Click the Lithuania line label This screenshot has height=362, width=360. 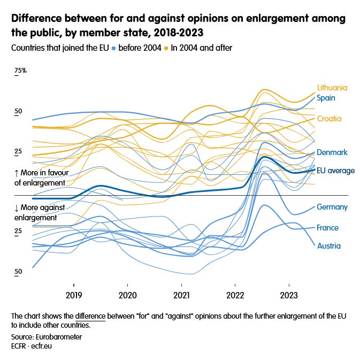click(332, 88)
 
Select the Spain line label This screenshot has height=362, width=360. click(326, 98)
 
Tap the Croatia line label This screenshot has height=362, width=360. click(329, 119)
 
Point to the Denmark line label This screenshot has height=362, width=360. click(332, 152)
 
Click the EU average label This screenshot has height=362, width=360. click(335, 171)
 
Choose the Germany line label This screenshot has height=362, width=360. click(332, 207)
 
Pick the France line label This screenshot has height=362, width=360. click(327, 228)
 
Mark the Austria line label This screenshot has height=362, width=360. click(328, 246)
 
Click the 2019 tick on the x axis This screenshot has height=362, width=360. click(74, 294)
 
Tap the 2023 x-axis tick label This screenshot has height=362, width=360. click(289, 294)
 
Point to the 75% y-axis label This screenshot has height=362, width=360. click(20, 71)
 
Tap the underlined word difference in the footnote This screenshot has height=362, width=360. click(90, 316)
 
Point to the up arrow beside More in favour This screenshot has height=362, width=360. click(17, 173)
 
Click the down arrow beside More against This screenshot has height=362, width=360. click(17, 207)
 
